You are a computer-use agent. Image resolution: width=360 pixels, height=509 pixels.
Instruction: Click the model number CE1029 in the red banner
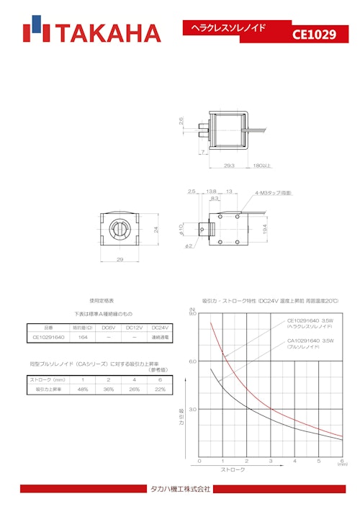pos(315,34)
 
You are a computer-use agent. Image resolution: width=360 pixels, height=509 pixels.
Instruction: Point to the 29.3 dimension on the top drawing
pos(230,166)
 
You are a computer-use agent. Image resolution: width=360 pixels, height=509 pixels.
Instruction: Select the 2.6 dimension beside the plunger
pos(182,123)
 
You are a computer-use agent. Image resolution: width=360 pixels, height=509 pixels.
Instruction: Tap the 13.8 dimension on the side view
pos(212,192)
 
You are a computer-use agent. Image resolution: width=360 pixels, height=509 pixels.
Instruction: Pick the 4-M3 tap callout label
pos(273,193)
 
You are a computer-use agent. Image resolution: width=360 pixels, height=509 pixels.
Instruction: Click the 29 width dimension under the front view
pos(120,261)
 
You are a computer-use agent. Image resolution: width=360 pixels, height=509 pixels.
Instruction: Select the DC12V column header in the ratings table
pos(134,328)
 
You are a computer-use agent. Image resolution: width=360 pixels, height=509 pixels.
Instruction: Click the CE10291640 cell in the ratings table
pos(48,336)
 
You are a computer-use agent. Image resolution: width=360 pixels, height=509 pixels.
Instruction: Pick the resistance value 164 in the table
pos(83,336)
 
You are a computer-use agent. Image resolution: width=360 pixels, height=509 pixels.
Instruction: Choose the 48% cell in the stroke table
pos(83,389)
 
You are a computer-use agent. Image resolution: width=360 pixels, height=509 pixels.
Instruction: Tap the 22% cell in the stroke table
pos(159,389)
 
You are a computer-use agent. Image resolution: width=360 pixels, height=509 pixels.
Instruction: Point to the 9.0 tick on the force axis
pos(193,314)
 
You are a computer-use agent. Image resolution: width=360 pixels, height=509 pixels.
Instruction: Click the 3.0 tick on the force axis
pos(193,409)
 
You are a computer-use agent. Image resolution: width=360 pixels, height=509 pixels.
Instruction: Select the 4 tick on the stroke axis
pos(294,461)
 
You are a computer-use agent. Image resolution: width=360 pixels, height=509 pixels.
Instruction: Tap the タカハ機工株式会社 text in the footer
pos(180,490)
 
